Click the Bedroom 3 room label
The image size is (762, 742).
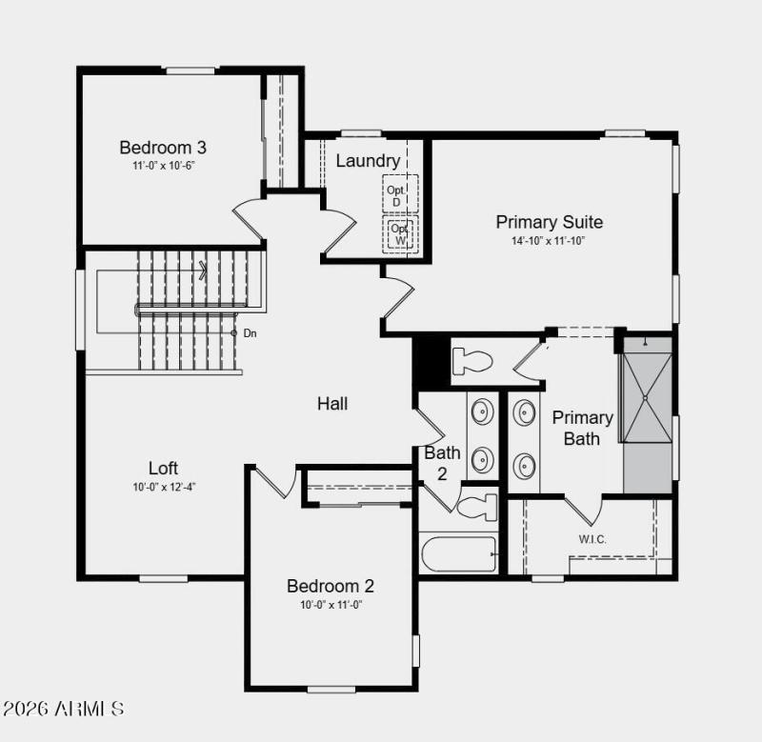tap(163, 148)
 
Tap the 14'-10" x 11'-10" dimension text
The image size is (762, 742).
tap(548, 241)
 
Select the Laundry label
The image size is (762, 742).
tap(368, 161)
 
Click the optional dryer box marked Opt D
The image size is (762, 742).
tap(395, 195)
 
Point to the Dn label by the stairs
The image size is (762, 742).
tap(250, 333)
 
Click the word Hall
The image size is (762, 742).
tap(332, 404)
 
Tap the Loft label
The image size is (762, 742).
tap(163, 469)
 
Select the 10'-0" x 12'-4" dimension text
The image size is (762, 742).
tap(164, 487)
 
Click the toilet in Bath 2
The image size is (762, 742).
tap(477, 505)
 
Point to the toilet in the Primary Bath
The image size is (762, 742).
tap(471, 361)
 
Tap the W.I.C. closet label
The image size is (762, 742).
tap(592, 539)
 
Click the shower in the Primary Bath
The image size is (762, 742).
tap(646, 397)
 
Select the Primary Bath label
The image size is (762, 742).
tap(582, 428)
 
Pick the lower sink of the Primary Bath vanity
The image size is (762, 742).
tap(525, 466)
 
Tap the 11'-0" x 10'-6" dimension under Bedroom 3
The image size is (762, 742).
tap(163, 166)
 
